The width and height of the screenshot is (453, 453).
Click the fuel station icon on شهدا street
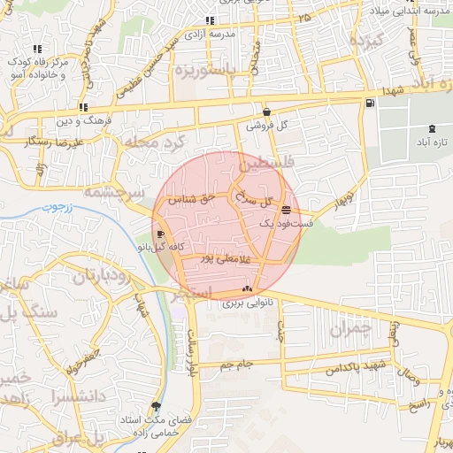pyautogui.click(x=369, y=104)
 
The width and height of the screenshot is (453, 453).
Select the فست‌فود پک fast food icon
pyautogui.click(x=286, y=210)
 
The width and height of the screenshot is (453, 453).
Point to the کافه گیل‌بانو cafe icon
pyautogui.click(x=159, y=234)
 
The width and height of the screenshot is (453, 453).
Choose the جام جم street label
pyautogui.click(x=237, y=364)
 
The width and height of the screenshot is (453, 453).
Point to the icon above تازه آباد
pyautogui.click(x=431, y=128)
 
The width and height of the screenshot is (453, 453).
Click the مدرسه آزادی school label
pyautogui.click(x=210, y=33)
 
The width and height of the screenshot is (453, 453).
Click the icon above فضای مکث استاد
pyautogui.click(x=157, y=407)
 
